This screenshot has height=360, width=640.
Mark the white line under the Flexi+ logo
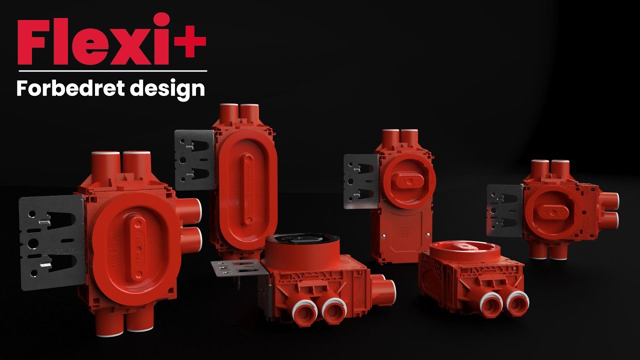[x=113, y=71]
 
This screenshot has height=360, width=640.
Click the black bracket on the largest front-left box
[x=51, y=242]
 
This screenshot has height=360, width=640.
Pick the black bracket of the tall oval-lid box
[x=194, y=160]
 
